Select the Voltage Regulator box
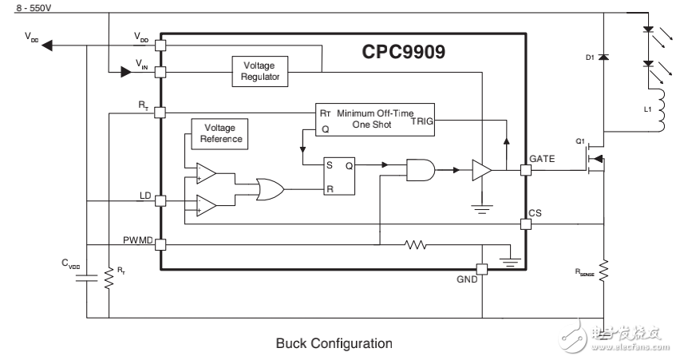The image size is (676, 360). pyautogui.click(x=260, y=72)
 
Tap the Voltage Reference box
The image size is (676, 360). pyautogui.click(x=219, y=133)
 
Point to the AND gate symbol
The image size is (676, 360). pyautogui.click(x=421, y=169)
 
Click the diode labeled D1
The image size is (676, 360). pyautogui.click(x=603, y=58)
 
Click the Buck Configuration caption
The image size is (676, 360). pyautogui.click(x=334, y=344)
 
